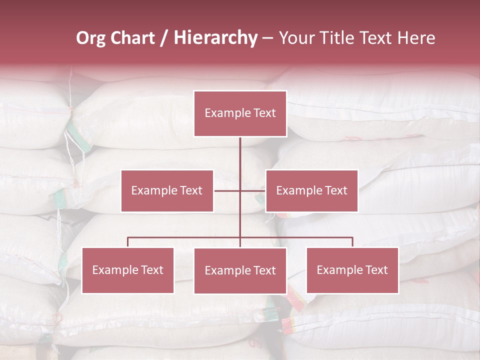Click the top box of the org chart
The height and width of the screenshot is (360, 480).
pos(240,113)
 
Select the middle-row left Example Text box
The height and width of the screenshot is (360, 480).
pos(167,190)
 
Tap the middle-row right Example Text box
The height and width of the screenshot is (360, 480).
pos(311,190)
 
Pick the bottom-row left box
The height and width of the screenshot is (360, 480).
pos(127,270)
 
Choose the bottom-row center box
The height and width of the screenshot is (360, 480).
pos(240,270)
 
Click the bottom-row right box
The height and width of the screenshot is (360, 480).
pos(352,270)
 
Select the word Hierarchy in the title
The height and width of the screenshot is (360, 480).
pos(215,38)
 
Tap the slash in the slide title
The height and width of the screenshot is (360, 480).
pos(164,38)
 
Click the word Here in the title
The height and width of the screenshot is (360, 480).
pos(416,38)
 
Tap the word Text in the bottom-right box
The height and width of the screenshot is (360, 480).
pos(375,270)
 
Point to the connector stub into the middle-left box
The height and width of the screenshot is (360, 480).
pos(227,190)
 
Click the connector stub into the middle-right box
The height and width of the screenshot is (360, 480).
pos(253,190)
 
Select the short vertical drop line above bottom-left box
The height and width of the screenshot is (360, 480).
pos(127,242)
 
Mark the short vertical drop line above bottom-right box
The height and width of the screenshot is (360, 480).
pos(352,242)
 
